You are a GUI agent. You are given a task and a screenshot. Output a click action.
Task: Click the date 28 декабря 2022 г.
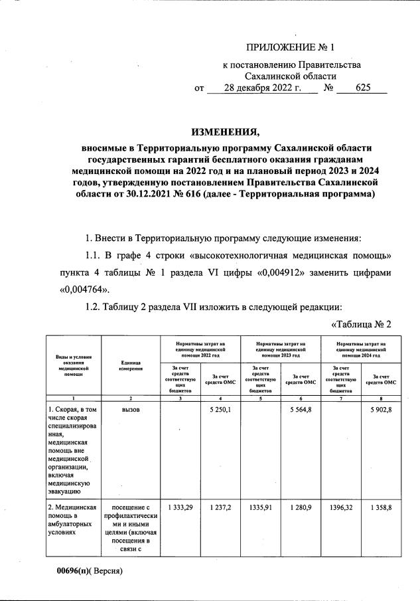coord(262,88)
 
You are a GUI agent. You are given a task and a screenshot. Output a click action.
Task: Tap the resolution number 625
coord(363,88)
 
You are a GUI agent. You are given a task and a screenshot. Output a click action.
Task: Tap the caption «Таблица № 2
coord(362,324)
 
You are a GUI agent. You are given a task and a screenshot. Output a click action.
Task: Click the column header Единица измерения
coord(130,366)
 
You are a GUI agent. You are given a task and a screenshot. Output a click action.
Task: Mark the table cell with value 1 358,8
coord(382,508)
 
